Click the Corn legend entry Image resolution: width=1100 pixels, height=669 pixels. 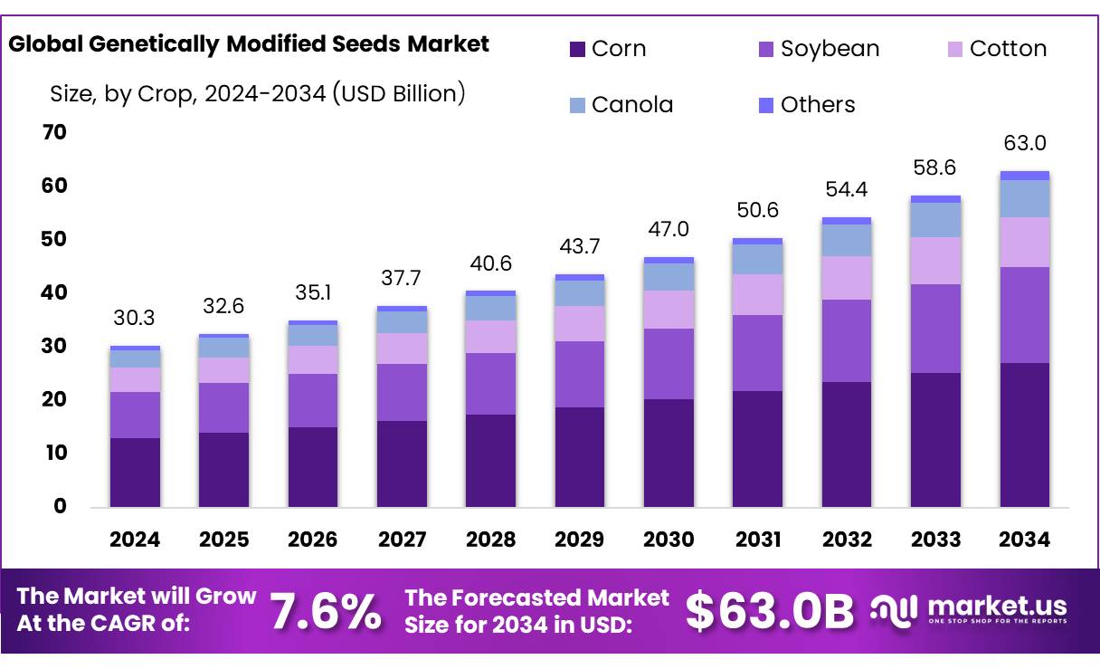click(607, 49)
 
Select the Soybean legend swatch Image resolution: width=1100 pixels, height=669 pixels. click(764, 49)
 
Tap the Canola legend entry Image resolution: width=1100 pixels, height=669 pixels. click(621, 105)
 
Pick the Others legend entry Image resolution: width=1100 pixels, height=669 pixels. click(805, 105)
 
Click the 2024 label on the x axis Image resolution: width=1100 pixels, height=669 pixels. click(135, 540)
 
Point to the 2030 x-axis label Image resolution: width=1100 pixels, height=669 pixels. click(669, 540)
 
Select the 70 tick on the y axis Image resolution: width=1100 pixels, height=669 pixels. click(54, 132)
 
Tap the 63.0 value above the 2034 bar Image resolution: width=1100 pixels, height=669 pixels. click(1025, 143)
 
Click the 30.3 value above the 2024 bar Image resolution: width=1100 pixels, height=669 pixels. click(135, 318)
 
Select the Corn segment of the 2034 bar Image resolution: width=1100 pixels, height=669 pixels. click(1025, 435)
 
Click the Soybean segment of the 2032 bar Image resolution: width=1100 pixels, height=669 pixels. click(847, 340)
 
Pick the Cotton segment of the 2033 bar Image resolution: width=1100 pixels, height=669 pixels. click(935, 261)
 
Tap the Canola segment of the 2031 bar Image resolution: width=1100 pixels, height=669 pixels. click(757, 259)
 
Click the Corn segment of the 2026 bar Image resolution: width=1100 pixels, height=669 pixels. click(313, 467)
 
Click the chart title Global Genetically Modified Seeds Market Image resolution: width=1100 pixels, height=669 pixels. click(249, 43)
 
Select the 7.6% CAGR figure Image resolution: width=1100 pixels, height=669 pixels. click(327, 612)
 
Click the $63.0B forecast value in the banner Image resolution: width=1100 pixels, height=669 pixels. click(769, 612)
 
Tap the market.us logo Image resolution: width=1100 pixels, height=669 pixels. click(970, 608)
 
